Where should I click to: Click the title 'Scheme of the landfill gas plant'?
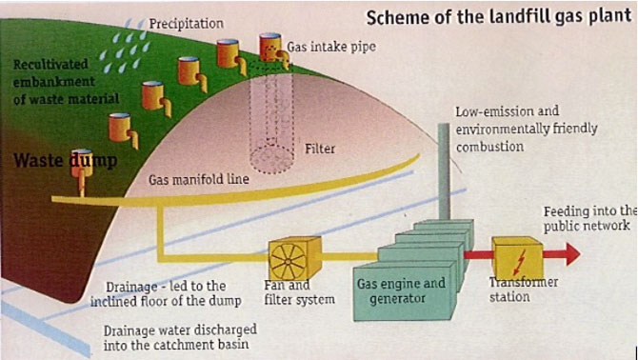coord(499,18)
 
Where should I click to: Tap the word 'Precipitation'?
coord(186,24)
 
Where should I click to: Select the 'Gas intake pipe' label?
coord(331,47)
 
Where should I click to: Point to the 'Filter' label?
coord(320,149)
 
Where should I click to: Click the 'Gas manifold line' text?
coord(199,179)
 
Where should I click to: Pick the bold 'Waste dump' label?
coord(65,161)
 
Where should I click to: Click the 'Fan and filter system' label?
coord(299,292)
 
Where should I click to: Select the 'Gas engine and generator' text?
coord(401,290)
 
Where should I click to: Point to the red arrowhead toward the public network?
coord(572,254)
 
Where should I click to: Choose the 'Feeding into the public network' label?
coord(589,219)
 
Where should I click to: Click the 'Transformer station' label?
coord(524,290)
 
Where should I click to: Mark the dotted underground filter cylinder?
coord(271,126)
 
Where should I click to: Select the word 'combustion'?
coord(489,147)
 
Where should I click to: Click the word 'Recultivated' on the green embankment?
coord(50,65)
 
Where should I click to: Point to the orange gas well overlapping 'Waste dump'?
coord(82,170)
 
